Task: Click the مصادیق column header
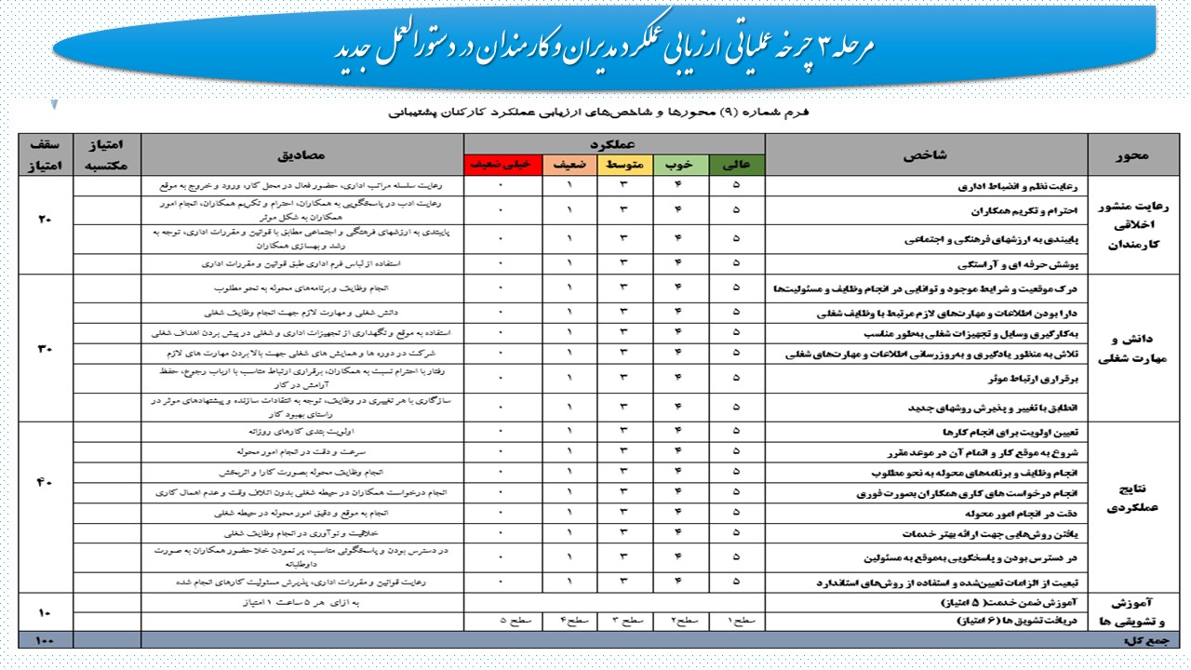tap(303, 154)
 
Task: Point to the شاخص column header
tap(926, 154)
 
